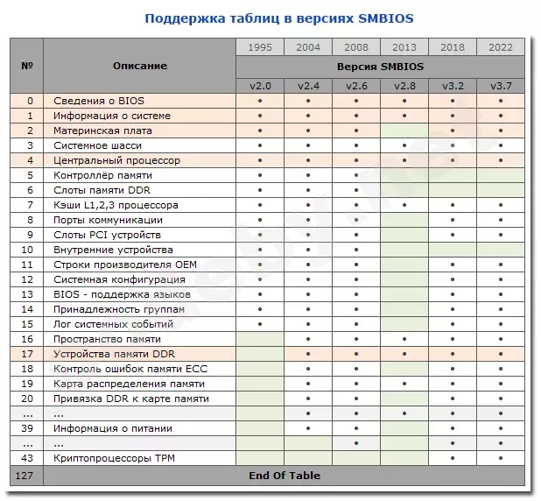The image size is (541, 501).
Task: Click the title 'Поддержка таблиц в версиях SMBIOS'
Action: (270, 18)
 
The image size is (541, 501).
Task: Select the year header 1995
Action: (260, 47)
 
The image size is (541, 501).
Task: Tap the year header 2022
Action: (501, 47)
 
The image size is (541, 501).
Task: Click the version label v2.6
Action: (356, 86)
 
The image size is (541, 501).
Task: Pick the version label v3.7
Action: (501, 86)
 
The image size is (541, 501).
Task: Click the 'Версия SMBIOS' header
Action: (380, 67)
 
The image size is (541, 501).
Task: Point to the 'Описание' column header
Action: (140, 66)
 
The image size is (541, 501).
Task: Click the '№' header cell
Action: (26, 66)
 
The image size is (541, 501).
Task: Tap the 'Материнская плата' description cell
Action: (102, 131)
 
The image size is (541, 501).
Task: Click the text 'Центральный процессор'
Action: (116, 160)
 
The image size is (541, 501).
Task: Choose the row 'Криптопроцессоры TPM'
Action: (115, 459)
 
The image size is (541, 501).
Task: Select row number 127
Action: (26, 476)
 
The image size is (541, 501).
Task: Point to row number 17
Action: (26, 354)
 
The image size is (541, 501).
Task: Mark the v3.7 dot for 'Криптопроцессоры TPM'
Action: (501, 459)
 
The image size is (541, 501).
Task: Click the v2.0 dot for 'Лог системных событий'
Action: (260, 324)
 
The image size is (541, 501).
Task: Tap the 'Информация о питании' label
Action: (113, 428)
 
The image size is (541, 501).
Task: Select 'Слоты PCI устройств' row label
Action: (108, 235)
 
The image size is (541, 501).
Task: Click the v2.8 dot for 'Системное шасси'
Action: (404, 145)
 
